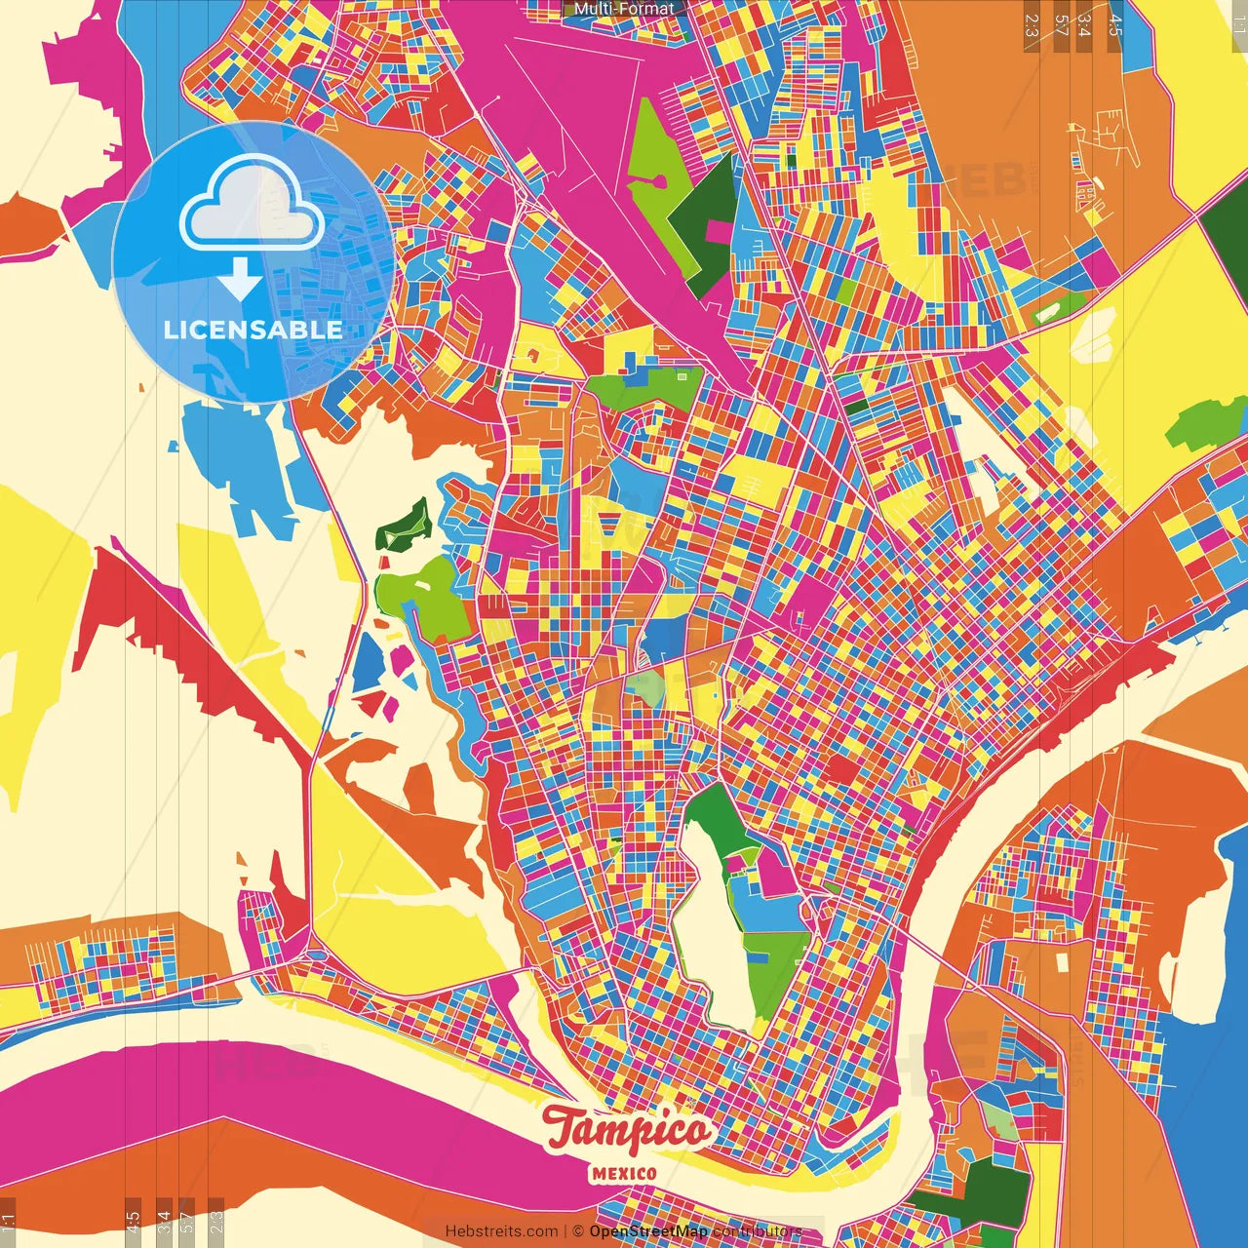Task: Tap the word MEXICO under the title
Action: click(x=624, y=1174)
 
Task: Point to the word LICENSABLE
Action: click(x=253, y=330)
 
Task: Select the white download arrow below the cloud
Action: click(x=240, y=279)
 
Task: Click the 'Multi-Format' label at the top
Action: click(x=624, y=9)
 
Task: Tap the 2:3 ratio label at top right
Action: click(x=1032, y=25)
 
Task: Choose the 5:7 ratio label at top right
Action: click(x=1061, y=25)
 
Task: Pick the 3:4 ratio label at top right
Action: click(x=1085, y=25)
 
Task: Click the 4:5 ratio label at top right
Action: click(x=1115, y=25)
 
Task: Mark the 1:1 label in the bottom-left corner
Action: click(x=9, y=1223)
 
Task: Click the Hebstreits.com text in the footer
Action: click(x=502, y=1231)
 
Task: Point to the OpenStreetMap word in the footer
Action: click(x=648, y=1231)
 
